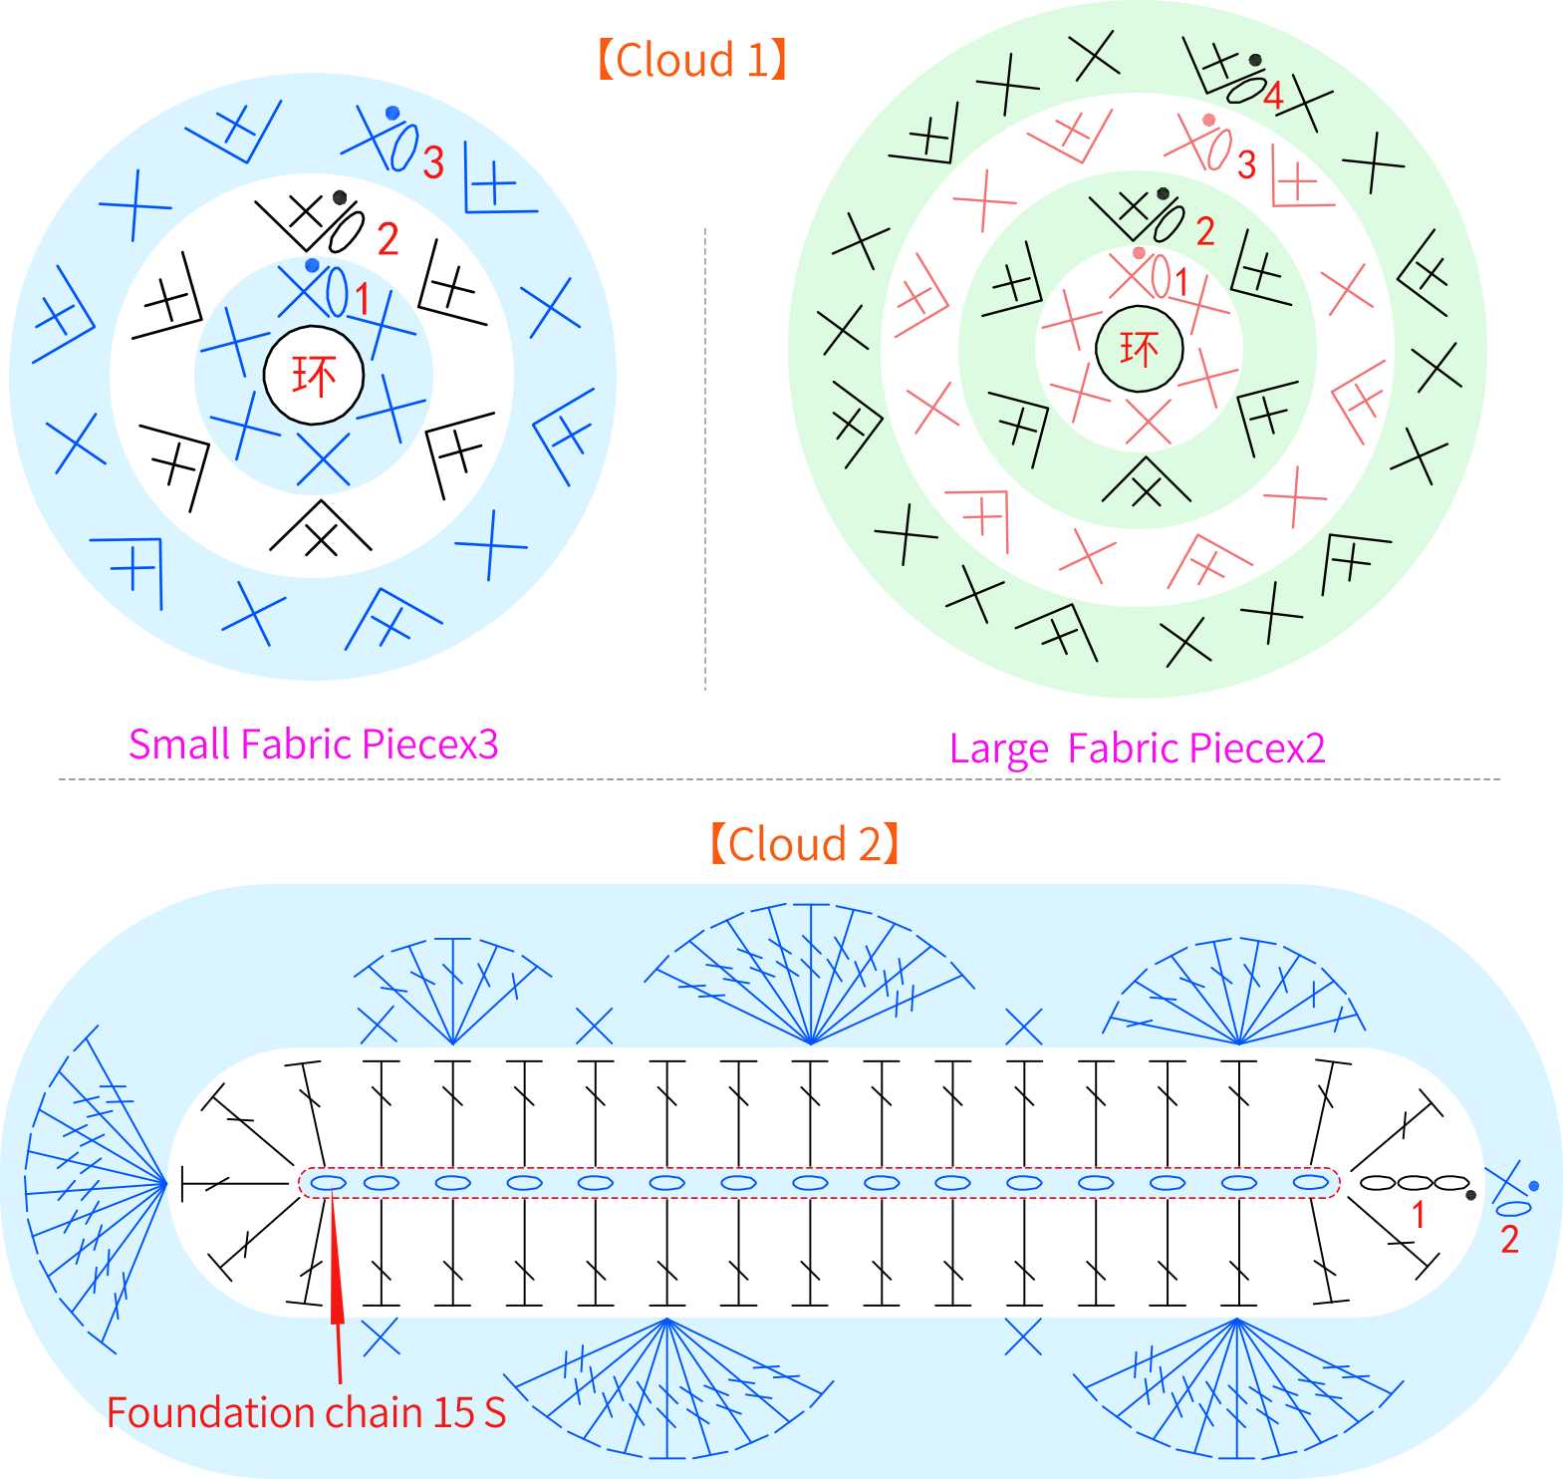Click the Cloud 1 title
[x=692, y=60]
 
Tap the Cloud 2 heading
[x=805, y=844]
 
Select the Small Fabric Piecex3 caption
[x=313, y=744]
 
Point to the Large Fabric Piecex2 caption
[x=1137, y=748]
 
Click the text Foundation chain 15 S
[x=307, y=1412]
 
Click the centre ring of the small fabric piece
[x=314, y=376]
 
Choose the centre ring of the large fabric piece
[x=1140, y=349]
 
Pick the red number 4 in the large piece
[x=1273, y=97]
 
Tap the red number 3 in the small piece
[x=433, y=163]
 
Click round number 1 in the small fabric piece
[x=362, y=299]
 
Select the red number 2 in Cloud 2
[x=1509, y=1239]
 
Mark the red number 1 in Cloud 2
[x=1419, y=1215]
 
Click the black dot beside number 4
[x=1255, y=61]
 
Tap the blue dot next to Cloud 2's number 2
[x=1534, y=1186]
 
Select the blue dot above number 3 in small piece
[x=392, y=114]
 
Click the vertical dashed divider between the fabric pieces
[x=705, y=458]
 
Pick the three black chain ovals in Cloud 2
[x=1415, y=1183]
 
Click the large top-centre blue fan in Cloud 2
[x=811, y=973]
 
